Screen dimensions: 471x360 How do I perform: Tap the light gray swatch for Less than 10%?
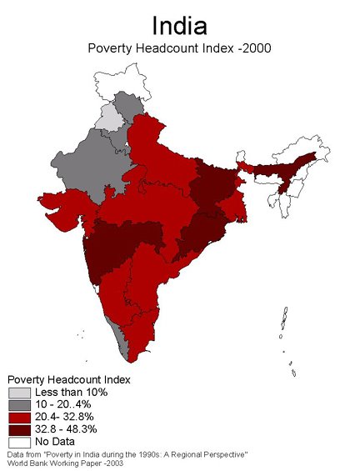click(x=19, y=392)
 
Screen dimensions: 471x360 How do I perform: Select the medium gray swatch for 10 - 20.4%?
click(x=19, y=404)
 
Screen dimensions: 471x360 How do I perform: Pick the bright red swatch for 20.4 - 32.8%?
click(x=19, y=417)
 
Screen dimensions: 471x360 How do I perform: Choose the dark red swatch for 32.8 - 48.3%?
click(x=19, y=428)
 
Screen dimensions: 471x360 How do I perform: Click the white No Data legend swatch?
click(x=19, y=441)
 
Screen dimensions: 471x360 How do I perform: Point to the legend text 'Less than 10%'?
click(x=71, y=392)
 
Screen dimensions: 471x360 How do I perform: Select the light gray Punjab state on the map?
click(x=107, y=118)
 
